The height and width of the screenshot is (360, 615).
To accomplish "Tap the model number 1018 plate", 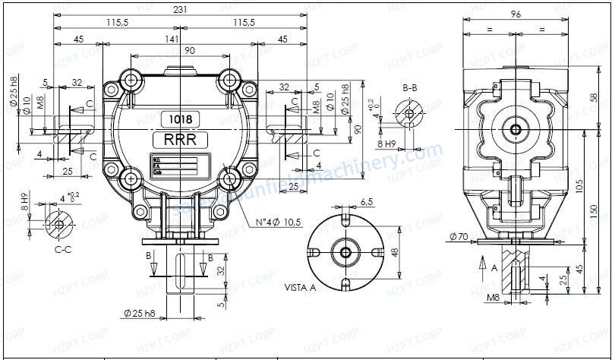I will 180,119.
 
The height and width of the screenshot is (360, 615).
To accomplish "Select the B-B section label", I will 409,88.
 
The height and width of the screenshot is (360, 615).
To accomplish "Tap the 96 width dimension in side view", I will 516,13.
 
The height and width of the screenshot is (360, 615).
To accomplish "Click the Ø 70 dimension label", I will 459,237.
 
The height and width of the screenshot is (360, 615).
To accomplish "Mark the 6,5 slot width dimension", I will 366,202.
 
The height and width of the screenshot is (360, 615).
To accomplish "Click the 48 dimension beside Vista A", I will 394,251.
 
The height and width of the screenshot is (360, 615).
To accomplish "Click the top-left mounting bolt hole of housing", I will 131,80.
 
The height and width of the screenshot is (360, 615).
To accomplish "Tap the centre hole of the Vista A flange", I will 345,252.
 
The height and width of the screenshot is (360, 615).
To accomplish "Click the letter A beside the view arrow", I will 494,267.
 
